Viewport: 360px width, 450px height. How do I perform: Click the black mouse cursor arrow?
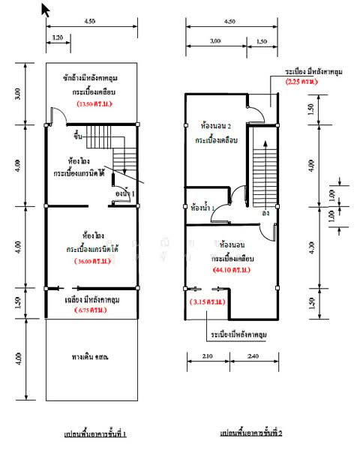46,9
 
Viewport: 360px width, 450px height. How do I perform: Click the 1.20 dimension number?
57,37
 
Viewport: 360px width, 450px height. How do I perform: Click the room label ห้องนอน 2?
217,127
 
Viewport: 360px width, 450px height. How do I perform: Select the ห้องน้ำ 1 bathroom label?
202,207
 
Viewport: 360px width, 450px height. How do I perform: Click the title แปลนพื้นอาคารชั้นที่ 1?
94,434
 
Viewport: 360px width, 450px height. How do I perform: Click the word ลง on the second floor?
265,213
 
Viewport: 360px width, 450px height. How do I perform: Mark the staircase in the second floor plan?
263,169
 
